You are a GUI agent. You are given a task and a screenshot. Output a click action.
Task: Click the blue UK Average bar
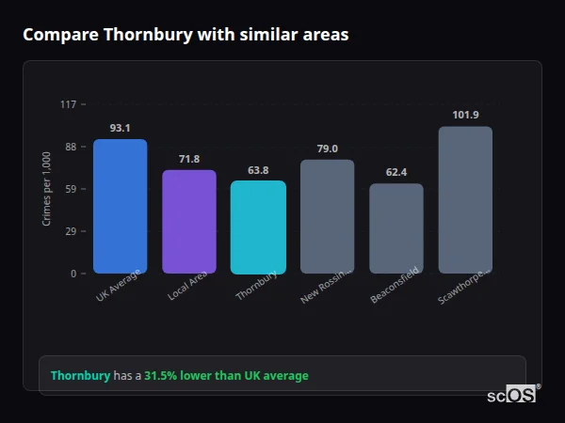(x=120, y=207)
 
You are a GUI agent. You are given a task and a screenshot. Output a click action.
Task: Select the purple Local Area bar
(x=189, y=222)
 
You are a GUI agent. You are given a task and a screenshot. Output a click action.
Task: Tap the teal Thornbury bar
(x=258, y=227)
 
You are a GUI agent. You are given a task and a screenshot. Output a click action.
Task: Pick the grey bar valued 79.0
(x=328, y=216)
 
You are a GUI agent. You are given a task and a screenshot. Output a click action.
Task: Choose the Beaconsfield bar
(x=396, y=228)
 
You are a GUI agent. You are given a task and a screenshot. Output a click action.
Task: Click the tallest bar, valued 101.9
(x=465, y=200)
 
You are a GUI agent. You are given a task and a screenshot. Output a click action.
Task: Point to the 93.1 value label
(x=120, y=128)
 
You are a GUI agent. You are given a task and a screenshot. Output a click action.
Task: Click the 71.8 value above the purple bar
(x=189, y=159)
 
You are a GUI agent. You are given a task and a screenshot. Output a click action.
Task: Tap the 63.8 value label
(x=258, y=170)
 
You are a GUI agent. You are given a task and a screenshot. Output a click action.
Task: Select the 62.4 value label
(x=396, y=172)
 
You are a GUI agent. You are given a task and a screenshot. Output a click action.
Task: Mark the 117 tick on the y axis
(x=68, y=104)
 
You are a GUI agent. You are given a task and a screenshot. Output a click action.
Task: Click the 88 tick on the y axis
(x=70, y=147)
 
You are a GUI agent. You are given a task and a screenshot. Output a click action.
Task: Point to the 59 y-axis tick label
(x=70, y=189)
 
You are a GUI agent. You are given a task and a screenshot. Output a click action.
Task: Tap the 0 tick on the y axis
(x=73, y=274)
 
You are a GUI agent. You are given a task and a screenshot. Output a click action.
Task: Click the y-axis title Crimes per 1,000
(x=47, y=189)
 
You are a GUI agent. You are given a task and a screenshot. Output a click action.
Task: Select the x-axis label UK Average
(x=118, y=285)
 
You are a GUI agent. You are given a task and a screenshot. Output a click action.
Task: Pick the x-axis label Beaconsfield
(x=395, y=286)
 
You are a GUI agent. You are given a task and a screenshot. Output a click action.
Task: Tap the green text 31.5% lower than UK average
(x=226, y=376)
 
